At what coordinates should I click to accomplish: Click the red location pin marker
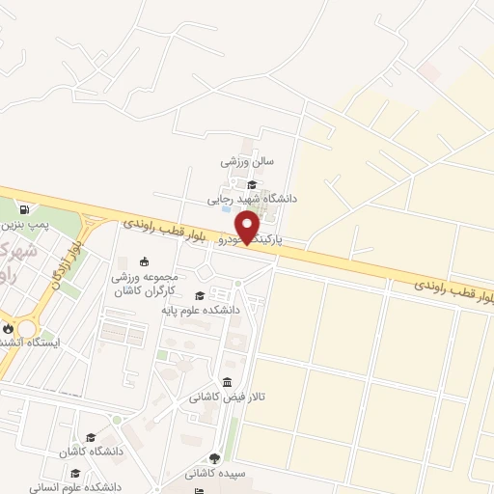coord(248,226)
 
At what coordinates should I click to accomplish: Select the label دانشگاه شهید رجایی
coord(253,199)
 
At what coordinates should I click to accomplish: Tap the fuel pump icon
coord(22,208)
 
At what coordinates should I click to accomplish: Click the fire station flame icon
coord(9,328)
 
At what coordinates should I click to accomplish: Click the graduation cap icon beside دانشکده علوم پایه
coord(199,296)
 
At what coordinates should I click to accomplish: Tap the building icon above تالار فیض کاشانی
coord(226,381)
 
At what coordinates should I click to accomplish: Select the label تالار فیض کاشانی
coord(233,397)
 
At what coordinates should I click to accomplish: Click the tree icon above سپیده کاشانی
coord(214,459)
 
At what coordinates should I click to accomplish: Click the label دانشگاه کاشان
coord(93,452)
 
